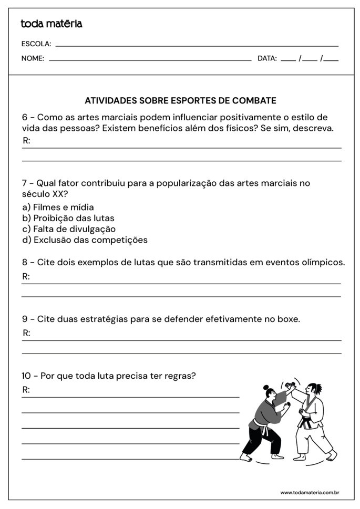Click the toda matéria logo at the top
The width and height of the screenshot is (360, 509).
[x=52, y=24]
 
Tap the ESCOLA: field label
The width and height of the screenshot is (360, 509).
[x=36, y=44]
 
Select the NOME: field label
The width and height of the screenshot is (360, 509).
[x=33, y=58]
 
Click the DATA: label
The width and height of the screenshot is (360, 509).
[x=267, y=58]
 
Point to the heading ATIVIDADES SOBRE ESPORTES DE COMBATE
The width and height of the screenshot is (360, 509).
[x=180, y=100]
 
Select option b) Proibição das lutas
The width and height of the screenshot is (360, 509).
[x=68, y=218]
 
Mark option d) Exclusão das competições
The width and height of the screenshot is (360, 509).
[x=85, y=240]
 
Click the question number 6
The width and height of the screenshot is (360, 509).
[x=25, y=117]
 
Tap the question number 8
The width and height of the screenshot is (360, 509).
[x=25, y=262]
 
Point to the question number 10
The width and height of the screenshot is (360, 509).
[x=27, y=376]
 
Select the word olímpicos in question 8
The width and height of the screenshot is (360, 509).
[x=322, y=262]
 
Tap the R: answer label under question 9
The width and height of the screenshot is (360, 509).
[x=27, y=333]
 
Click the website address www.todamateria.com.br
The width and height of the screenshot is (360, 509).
[x=309, y=493]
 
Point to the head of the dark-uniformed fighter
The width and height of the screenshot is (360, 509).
[x=269, y=393]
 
